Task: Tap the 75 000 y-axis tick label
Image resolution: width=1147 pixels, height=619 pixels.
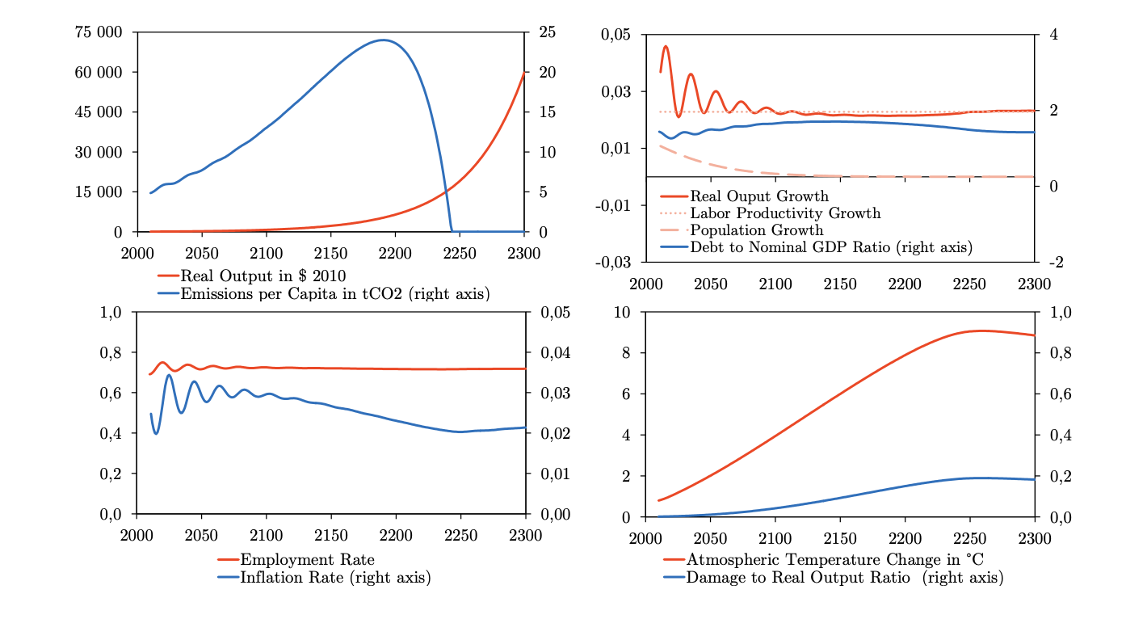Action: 99,32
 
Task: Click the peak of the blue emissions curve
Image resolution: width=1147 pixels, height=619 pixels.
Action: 383,40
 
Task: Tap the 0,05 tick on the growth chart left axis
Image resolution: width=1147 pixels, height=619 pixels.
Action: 616,35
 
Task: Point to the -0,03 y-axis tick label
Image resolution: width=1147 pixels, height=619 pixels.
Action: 613,262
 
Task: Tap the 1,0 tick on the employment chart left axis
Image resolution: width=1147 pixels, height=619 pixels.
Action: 111,312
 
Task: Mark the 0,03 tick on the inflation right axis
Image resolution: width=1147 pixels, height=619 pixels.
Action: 555,394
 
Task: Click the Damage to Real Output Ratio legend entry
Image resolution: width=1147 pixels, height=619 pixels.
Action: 844,578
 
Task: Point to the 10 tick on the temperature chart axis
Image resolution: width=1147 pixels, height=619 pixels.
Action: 622,312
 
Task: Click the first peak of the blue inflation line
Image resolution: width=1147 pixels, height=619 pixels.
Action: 168,375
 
